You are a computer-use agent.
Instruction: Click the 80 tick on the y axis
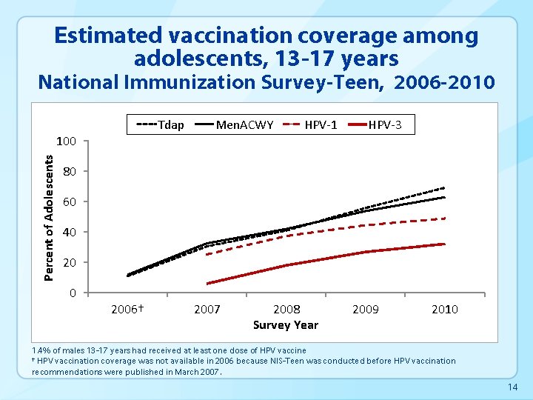point(70,172)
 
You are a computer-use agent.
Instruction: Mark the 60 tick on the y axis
point(70,202)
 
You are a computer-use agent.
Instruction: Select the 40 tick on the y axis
point(70,233)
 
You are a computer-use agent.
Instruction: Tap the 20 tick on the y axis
point(70,263)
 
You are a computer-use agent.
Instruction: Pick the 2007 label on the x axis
point(207,309)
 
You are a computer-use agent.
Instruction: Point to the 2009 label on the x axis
point(366,309)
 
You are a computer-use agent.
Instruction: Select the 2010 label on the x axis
point(445,309)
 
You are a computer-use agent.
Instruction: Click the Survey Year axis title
point(286,324)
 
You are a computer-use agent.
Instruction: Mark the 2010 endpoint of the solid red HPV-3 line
point(445,244)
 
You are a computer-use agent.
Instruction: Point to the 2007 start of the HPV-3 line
point(207,284)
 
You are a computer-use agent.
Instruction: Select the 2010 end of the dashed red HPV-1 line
point(445,219)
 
